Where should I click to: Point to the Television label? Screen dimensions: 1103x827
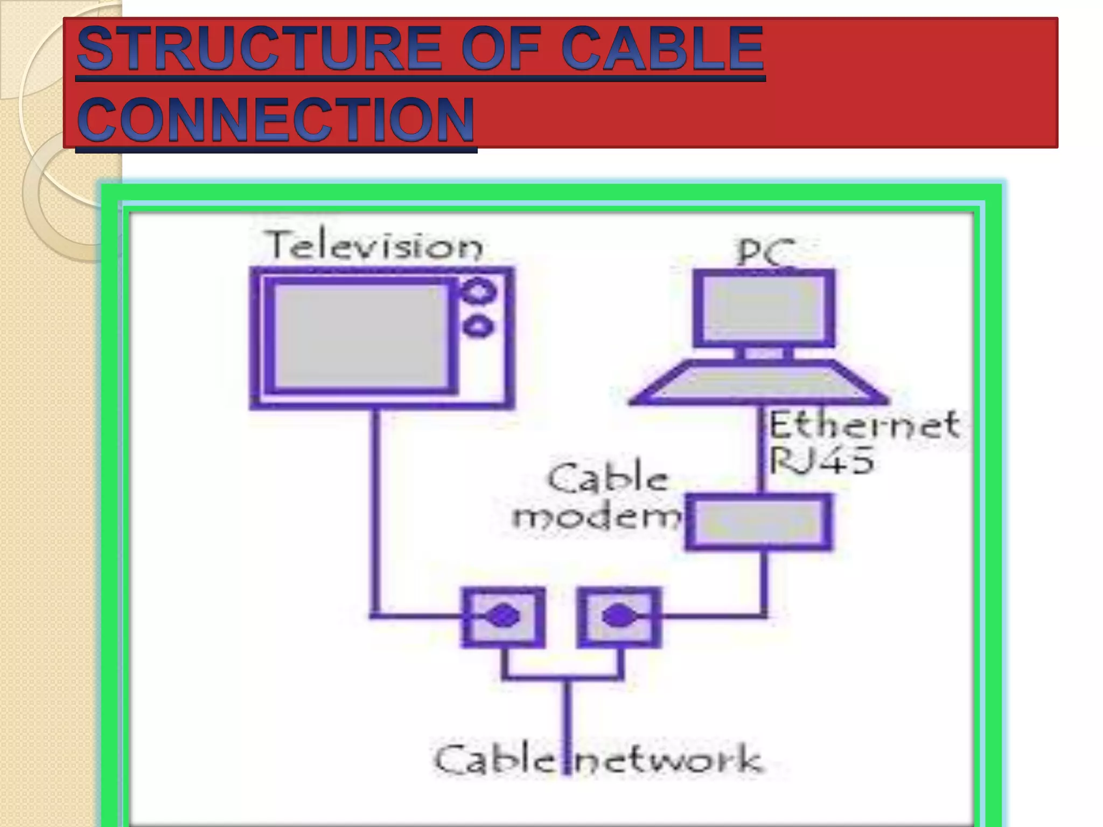375,246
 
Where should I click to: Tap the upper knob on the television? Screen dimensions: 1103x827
478,291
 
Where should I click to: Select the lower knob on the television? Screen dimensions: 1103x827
478,326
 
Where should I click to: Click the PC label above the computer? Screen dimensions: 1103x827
765,252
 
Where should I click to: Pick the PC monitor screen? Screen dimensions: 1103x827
764,308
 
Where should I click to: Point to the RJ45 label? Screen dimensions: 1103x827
821,461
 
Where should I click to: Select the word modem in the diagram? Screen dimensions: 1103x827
596,517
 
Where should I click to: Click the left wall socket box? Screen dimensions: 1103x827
503,617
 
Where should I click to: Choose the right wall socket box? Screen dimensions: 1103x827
619,617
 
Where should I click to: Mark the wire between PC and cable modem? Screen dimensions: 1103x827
762,450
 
